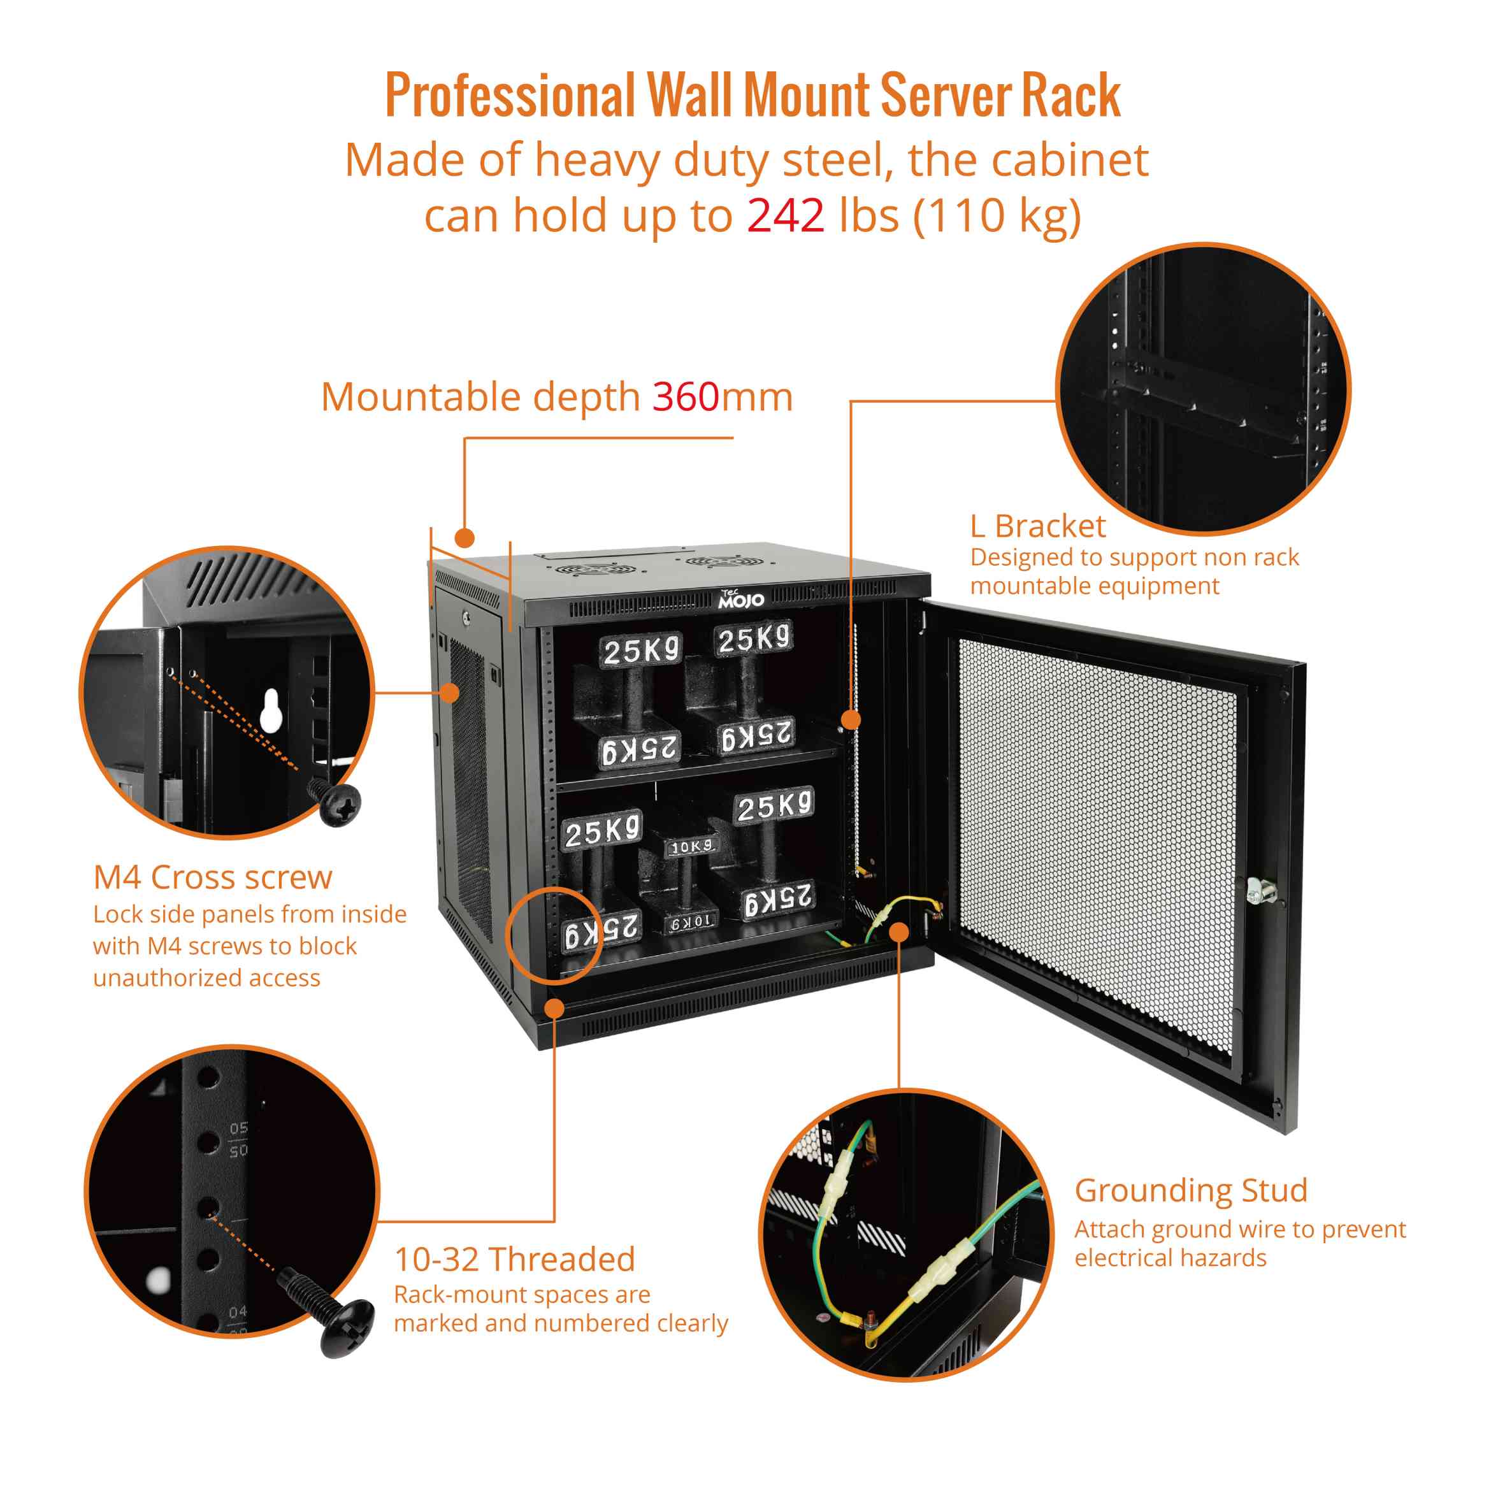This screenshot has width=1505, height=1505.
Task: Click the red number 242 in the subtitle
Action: (x=785, y=216)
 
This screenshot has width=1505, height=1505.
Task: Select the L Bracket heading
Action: (x=1037, y=526)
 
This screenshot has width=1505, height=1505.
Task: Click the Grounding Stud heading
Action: (x=1190, y=1190)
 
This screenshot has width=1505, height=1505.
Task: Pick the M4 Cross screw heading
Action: (x=213, y=878)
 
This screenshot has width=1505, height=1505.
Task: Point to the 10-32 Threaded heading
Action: (x=514, y=1260)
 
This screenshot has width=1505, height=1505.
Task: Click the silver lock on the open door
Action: (x=1256, y=889)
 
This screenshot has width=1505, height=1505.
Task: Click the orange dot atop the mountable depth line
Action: (x=464, y=538)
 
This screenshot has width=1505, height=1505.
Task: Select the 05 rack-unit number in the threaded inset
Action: (x=238, y=1128)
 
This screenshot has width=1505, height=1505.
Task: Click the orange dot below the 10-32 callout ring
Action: (x=554, y=1008)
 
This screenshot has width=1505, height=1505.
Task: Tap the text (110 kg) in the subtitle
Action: (x=997, y=216)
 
